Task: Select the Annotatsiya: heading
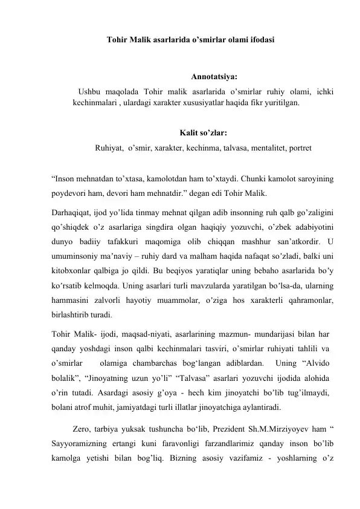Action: [214, 77]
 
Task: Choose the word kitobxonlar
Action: [73, 271]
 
